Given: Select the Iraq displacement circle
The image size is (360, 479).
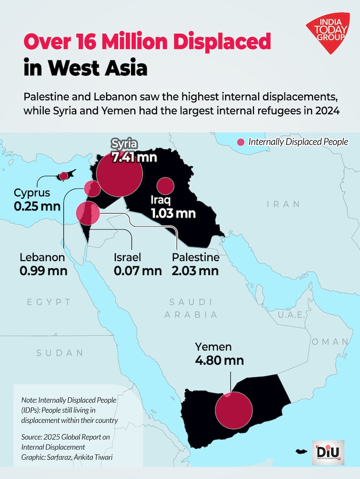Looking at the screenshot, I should click(x=166, y=186).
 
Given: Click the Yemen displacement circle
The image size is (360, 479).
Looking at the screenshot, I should click(x=234, y=410).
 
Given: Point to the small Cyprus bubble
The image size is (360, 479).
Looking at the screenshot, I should click(x=63, y=176).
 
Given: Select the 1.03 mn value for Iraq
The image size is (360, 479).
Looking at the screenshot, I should click(x=173, y=213).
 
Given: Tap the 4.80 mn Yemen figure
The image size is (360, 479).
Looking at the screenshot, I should click(x=219, y=360).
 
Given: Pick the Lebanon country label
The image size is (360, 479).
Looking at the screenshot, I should click(x=42, y=257).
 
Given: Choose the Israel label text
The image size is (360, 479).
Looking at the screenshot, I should click(x=127, y=257).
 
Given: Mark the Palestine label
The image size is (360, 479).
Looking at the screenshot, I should click(x=195, y=257).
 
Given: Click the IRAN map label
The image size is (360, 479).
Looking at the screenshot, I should click(x=283, y=204).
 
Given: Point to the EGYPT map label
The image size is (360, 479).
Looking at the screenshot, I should click(x=49, y=302).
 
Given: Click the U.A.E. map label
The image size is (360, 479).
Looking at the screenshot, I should click(x=292, y=315).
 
